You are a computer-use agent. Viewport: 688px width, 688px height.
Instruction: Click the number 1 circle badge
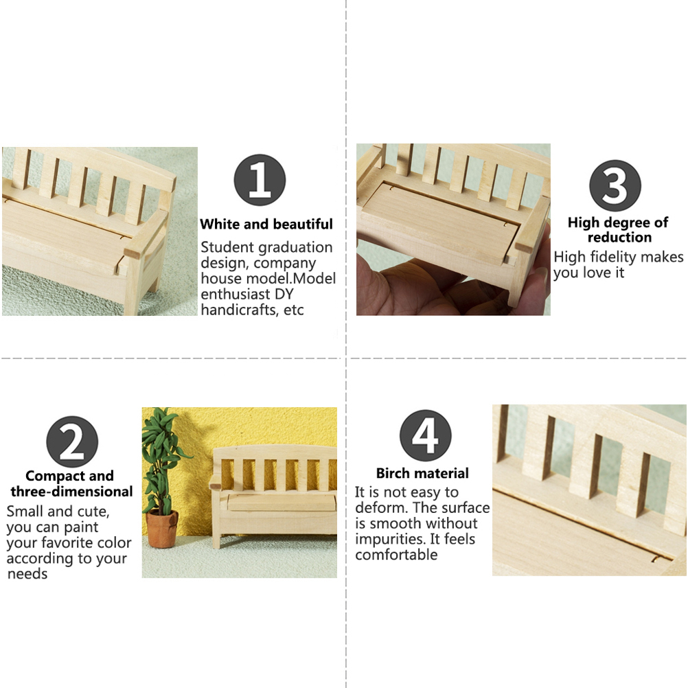coord(260,180)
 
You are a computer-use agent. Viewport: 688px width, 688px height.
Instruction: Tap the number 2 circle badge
coord(72,442)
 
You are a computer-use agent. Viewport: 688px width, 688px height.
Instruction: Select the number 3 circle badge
coord(615,185)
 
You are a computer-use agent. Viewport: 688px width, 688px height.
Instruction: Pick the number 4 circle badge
coord(426,436)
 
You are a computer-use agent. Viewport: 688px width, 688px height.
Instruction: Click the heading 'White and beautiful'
coord(266,225)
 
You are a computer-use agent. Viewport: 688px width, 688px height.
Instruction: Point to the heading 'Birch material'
coord(422,474)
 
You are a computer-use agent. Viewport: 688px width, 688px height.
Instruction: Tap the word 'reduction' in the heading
coord(619,238)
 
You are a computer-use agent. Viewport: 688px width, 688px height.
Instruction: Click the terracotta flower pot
coord(162,529)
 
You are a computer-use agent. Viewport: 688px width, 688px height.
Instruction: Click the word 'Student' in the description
coord(227,247)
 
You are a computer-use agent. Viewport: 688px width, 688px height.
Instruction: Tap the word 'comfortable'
coord(396,555)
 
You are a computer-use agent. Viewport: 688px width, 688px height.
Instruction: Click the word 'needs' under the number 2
coord(27,574)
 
